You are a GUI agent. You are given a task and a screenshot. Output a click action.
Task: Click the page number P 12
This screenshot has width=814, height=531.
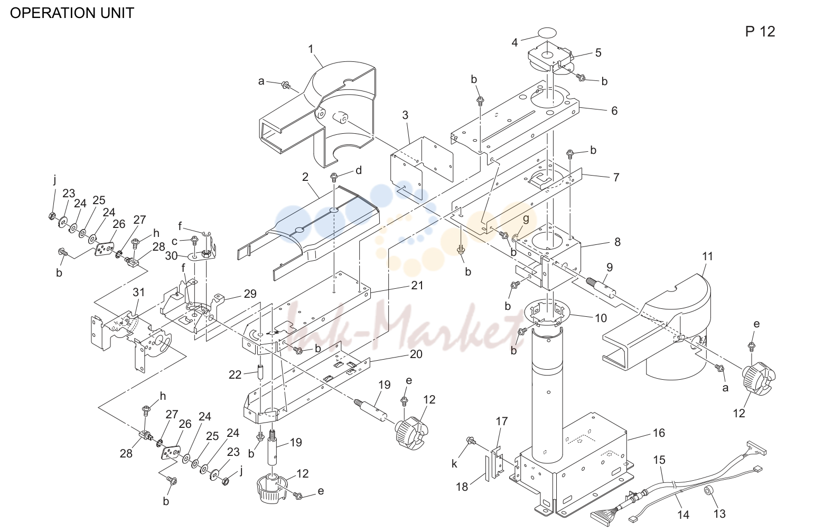(760, 32)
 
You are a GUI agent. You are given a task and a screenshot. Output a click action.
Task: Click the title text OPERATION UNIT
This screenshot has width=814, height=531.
(72, 13)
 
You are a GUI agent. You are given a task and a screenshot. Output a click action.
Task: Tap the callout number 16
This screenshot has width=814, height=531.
(659, 433)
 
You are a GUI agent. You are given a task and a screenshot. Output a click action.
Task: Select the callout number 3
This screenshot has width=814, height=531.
(405, 115)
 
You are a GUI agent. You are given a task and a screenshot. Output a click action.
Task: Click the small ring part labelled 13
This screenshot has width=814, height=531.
(708, 491)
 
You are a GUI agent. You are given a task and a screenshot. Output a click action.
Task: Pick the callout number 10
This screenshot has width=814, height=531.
(601, 318)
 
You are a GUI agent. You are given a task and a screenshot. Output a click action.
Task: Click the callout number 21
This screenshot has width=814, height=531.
(417, 286)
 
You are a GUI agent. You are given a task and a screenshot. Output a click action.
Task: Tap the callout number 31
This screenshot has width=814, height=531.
(138, 292)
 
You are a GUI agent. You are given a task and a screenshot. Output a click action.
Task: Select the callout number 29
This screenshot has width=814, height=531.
(250, 294)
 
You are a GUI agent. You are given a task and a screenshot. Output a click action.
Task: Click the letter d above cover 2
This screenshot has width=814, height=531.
(359, 170)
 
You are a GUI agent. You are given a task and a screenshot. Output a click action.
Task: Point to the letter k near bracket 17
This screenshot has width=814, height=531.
(454, 464)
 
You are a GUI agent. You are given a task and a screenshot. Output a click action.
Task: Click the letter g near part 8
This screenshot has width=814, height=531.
(526, 219)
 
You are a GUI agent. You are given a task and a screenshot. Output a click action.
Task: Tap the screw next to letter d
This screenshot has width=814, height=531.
(334, 178)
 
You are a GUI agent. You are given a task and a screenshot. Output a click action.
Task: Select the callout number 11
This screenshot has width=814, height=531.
(707, 256)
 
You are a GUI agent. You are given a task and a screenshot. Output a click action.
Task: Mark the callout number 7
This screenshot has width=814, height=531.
(616, 177)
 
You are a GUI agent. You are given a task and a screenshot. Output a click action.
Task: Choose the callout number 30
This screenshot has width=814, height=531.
(171, 256)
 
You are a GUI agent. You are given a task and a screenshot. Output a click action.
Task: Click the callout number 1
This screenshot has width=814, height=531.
(311, 49)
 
